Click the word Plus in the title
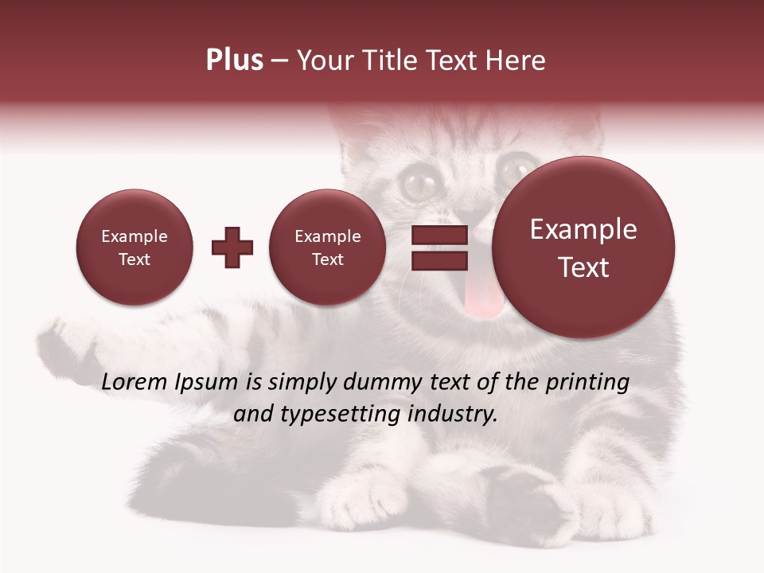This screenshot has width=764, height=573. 234,60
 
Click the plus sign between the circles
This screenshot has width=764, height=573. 232,248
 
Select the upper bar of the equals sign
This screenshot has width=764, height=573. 439,235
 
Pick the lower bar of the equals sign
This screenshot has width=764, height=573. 439,260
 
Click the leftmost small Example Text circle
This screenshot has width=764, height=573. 134,248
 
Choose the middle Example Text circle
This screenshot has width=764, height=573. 328,248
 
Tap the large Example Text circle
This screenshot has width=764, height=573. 583,248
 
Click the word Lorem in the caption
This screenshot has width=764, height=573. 135,383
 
